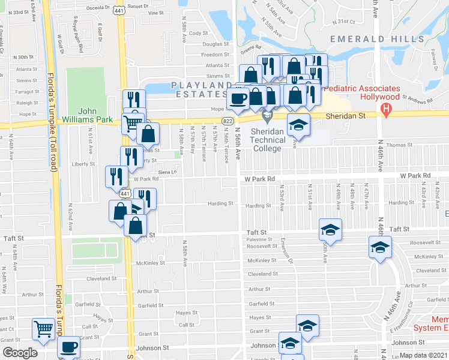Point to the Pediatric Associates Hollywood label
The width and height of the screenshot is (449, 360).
click(363, 92)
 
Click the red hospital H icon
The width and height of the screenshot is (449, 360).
click(387, 110)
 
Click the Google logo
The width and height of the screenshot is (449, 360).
click(19, 353)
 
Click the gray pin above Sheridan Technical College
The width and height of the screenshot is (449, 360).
click(268, 115)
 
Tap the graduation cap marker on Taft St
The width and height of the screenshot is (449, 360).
click(330, 230)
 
